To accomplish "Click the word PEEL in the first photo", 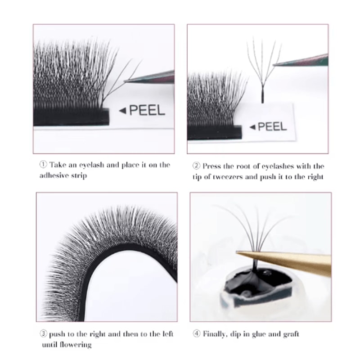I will pyautogui.click(x=148, y=110).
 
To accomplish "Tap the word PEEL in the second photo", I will pyautogui.click(x=273, y=126).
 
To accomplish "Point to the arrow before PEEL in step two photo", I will pyautogui.click(x=252, y=127).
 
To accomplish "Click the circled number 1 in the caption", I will pyautogui.click(x=43, y=165).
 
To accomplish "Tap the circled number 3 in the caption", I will pyautogui.click(x=43, y=334).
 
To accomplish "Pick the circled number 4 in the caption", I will pyautogui.click(x=197, y=334).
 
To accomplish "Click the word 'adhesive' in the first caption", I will pyautogui.click(x=52, y=175).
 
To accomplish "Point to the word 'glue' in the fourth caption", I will pyautogui.click(x=263, y=334).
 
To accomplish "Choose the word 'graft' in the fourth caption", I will pyautogui.click(x=290, y=334).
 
